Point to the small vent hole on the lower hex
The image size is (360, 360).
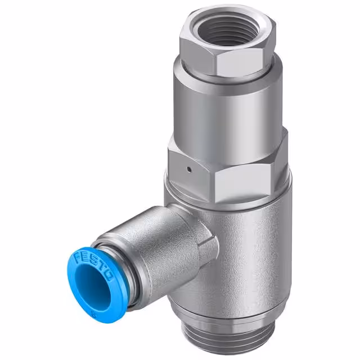click(x=190, y=168)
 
